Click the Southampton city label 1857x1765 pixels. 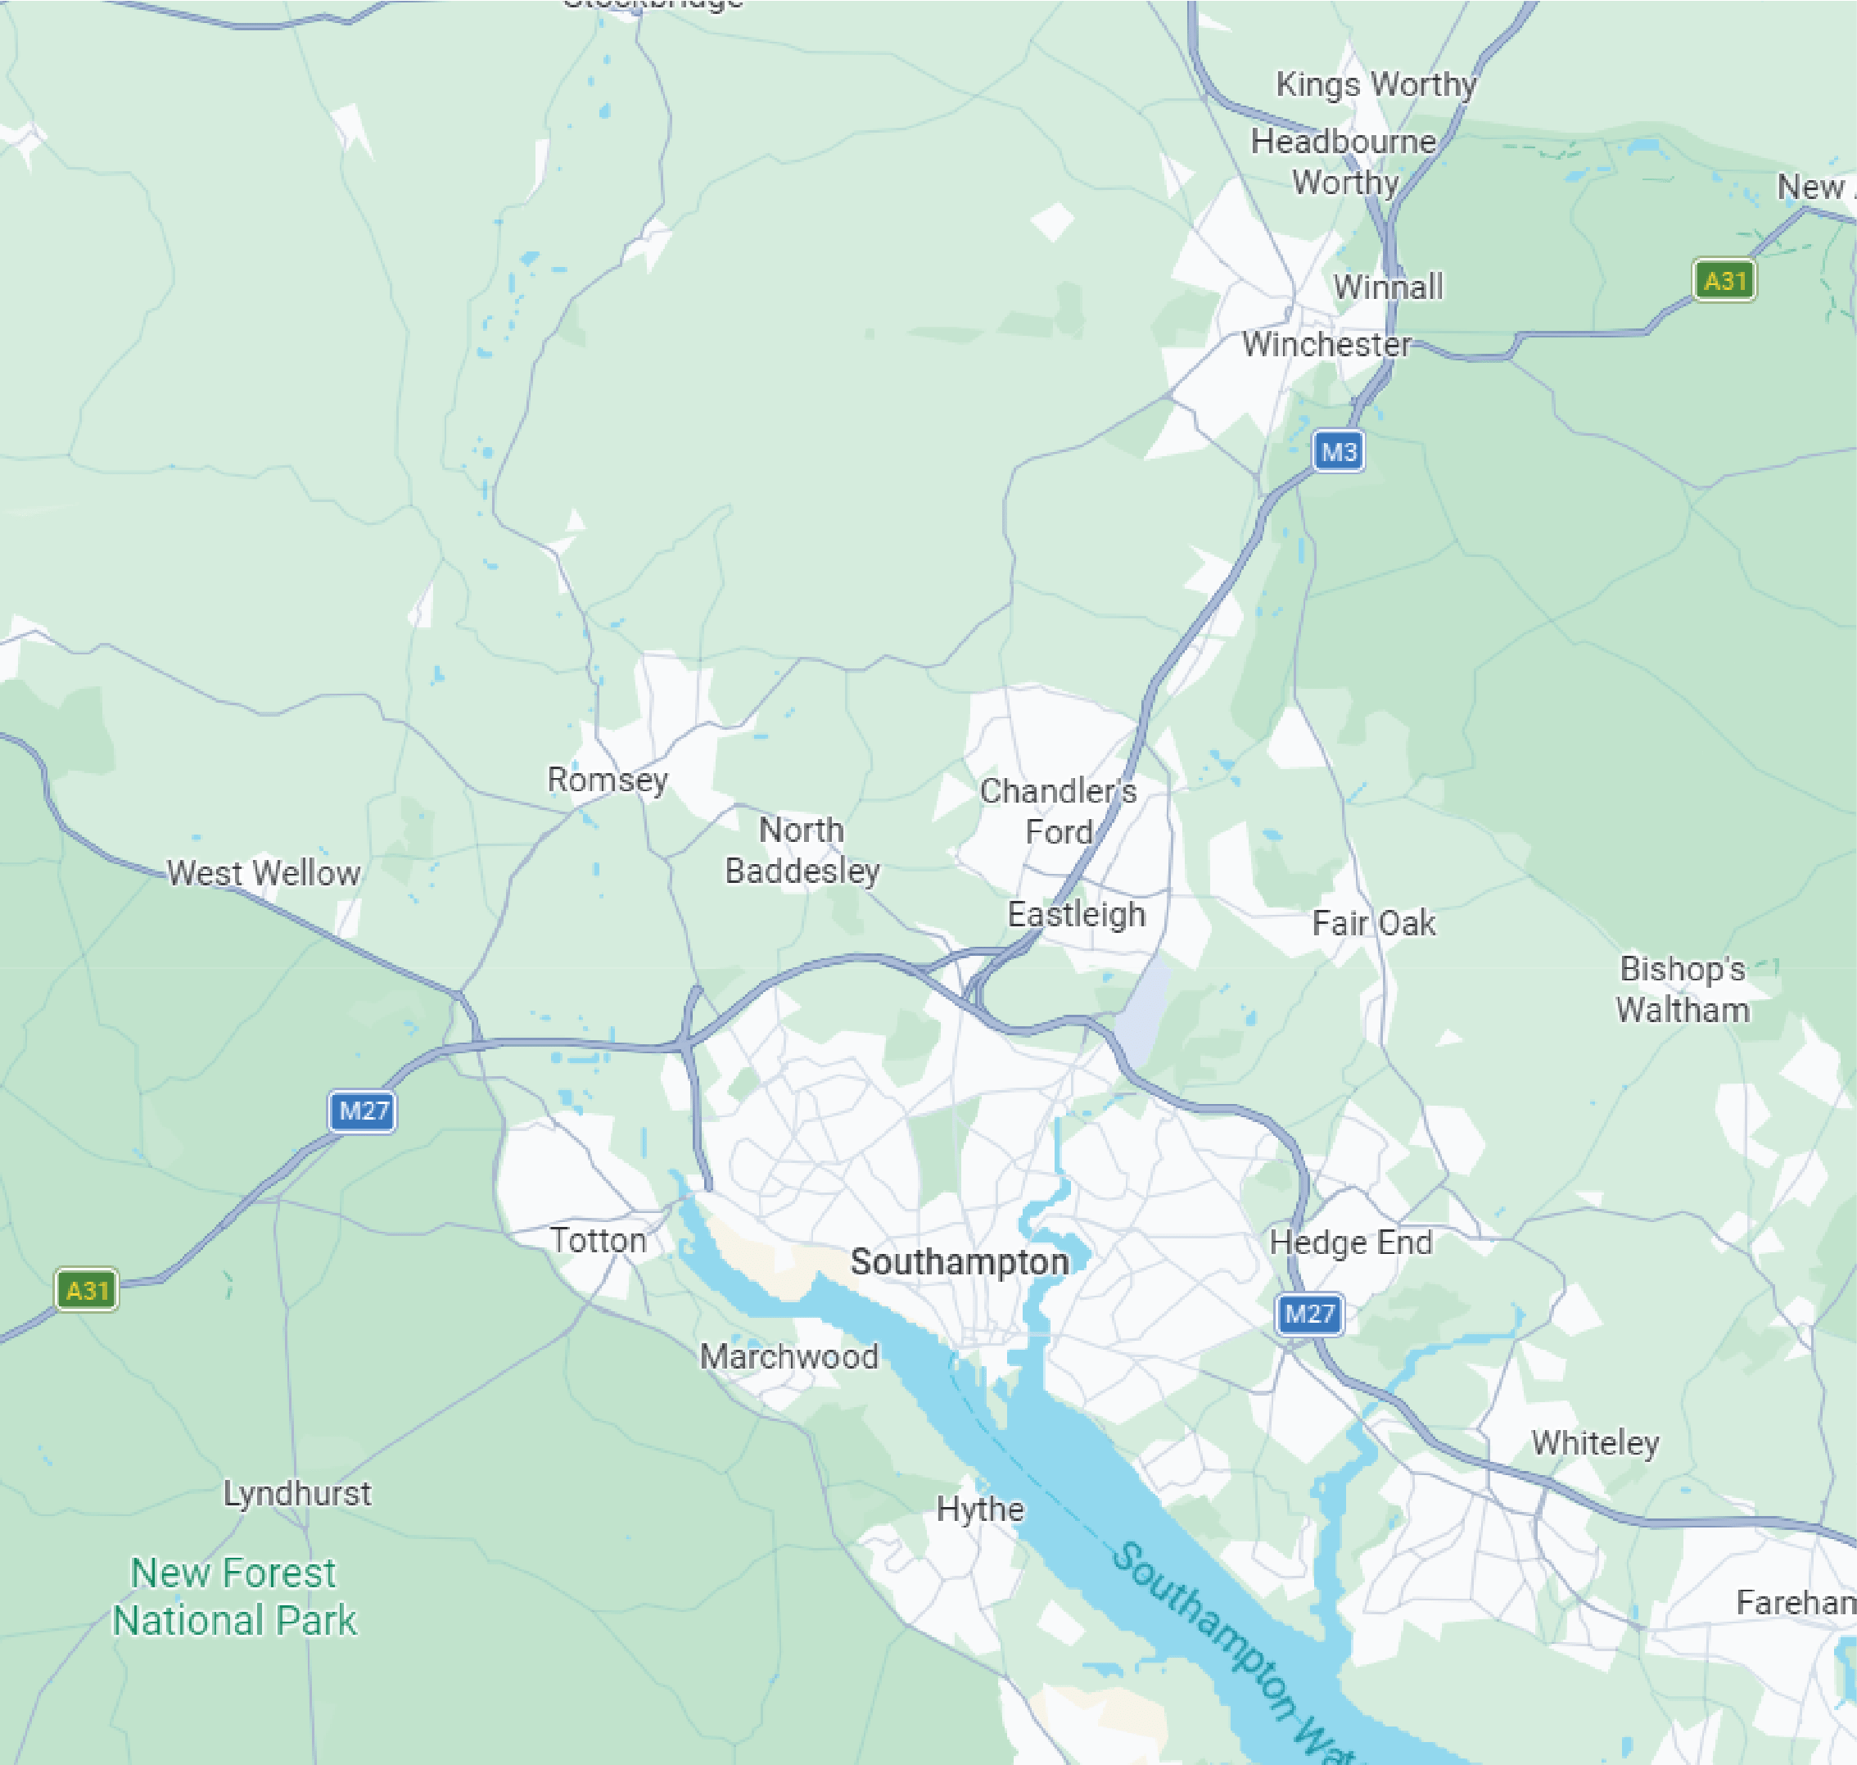click(x=959, y=1261)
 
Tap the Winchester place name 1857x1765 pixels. click(x=1326, y=344)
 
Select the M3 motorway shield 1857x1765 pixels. click(x=1338, y=451)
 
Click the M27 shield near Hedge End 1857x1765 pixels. click(x=1308, y=1314)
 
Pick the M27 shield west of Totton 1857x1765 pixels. click(x=362, y=1111)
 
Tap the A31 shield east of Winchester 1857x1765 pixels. click(x=1724, y=280)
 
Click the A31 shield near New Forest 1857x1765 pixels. click(x=87, y=1290)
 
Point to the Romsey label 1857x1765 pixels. click(x=608, y=780)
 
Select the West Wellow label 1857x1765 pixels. click(x=264, y=873)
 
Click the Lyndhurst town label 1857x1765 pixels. click(x=296, y=1493)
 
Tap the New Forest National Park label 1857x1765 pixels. click(x=233, y=1596)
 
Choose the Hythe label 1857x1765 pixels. click(x=979, y=1509)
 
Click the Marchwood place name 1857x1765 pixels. click(x=788, y=1356)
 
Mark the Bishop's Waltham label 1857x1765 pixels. click(x=1682, y=989)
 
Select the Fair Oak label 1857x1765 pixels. click(x=1373, y=923)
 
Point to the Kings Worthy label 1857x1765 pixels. click(x=1376, y=84)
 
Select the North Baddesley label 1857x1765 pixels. click(x=802, y=849)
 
